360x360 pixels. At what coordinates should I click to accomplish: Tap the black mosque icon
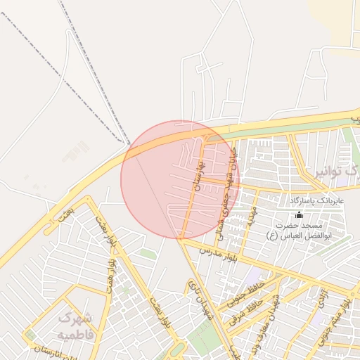pos(300,214)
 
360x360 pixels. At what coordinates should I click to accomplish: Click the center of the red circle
pos(180,180)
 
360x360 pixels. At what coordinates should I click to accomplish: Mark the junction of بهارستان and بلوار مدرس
pos(180,240)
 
